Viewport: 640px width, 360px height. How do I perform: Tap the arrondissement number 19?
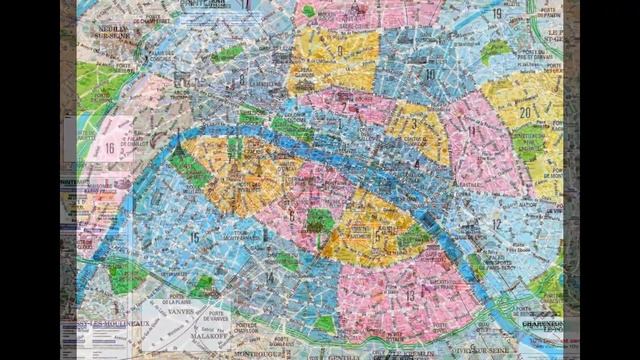click(x=497, y=13)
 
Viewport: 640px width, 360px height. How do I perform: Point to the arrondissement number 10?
click(x=429, y=74)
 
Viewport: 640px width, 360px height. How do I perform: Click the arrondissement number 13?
click(x=409, y=295)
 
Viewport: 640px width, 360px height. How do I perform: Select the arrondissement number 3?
click(x=413, y=125)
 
